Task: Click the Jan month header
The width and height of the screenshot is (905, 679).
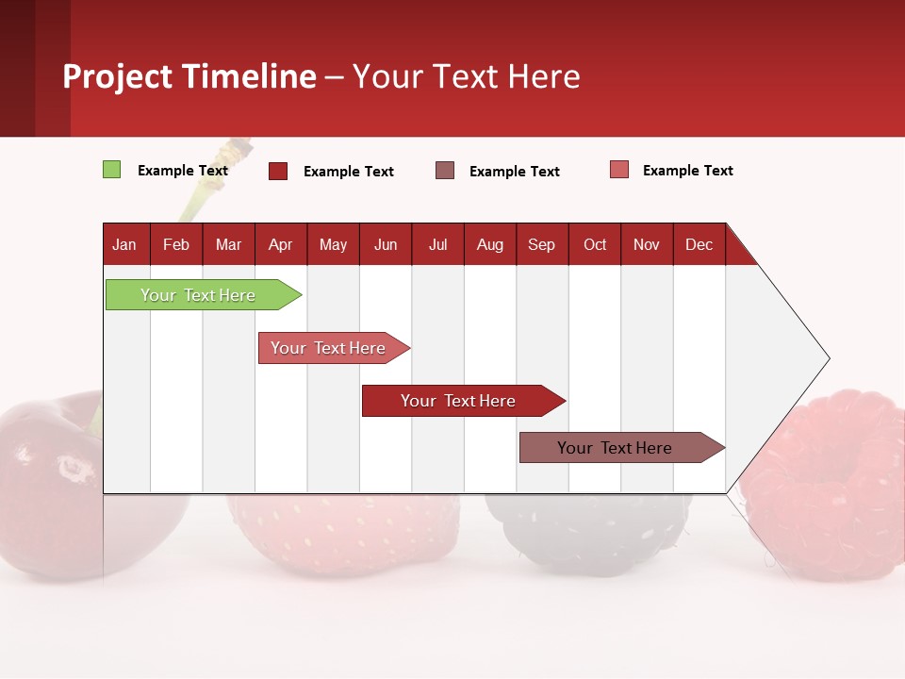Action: pos(124,244)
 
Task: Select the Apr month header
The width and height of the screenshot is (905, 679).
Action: pos(280,244)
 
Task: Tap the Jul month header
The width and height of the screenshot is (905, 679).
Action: pos(437,244)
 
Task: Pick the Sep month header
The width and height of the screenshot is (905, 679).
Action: pos(541,244)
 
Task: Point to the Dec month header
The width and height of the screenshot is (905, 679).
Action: pos(699,244)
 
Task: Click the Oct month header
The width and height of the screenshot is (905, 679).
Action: pos(595,244)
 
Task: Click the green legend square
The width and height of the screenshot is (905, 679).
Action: pos(111,170)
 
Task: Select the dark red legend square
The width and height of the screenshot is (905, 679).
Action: pos(278,171)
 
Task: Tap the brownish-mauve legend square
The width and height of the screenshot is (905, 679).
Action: pos(445,171)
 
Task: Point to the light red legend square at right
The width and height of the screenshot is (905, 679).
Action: pos(618,170)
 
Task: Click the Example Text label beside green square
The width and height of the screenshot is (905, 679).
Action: pos(183,171)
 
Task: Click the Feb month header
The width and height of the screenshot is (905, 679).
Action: pos(176,244)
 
